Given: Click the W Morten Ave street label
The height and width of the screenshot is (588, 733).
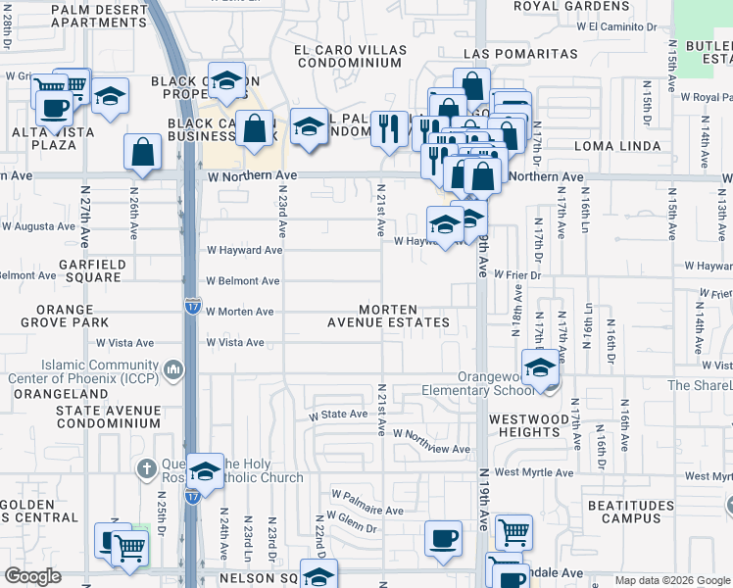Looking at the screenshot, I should [239, 312].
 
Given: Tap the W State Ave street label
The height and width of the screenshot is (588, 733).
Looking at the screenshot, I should [338, 415].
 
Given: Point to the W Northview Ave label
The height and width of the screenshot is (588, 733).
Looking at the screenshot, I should [431, 433].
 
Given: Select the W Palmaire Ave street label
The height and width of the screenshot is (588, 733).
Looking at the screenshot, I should [367, 511].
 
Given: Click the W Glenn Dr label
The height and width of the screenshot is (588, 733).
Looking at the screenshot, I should [355, 527].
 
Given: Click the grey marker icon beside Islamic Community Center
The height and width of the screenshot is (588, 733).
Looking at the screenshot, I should [173, 368].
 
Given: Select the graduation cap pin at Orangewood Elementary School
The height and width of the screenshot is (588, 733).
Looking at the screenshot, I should [539, 367].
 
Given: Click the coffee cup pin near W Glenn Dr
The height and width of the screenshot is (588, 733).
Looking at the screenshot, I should [443, 538].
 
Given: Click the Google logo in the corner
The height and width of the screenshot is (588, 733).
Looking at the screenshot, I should [33, 576].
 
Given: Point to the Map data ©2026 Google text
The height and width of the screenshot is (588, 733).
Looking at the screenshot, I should [672, 580].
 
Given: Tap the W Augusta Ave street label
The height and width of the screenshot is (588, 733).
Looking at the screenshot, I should [37, 225].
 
